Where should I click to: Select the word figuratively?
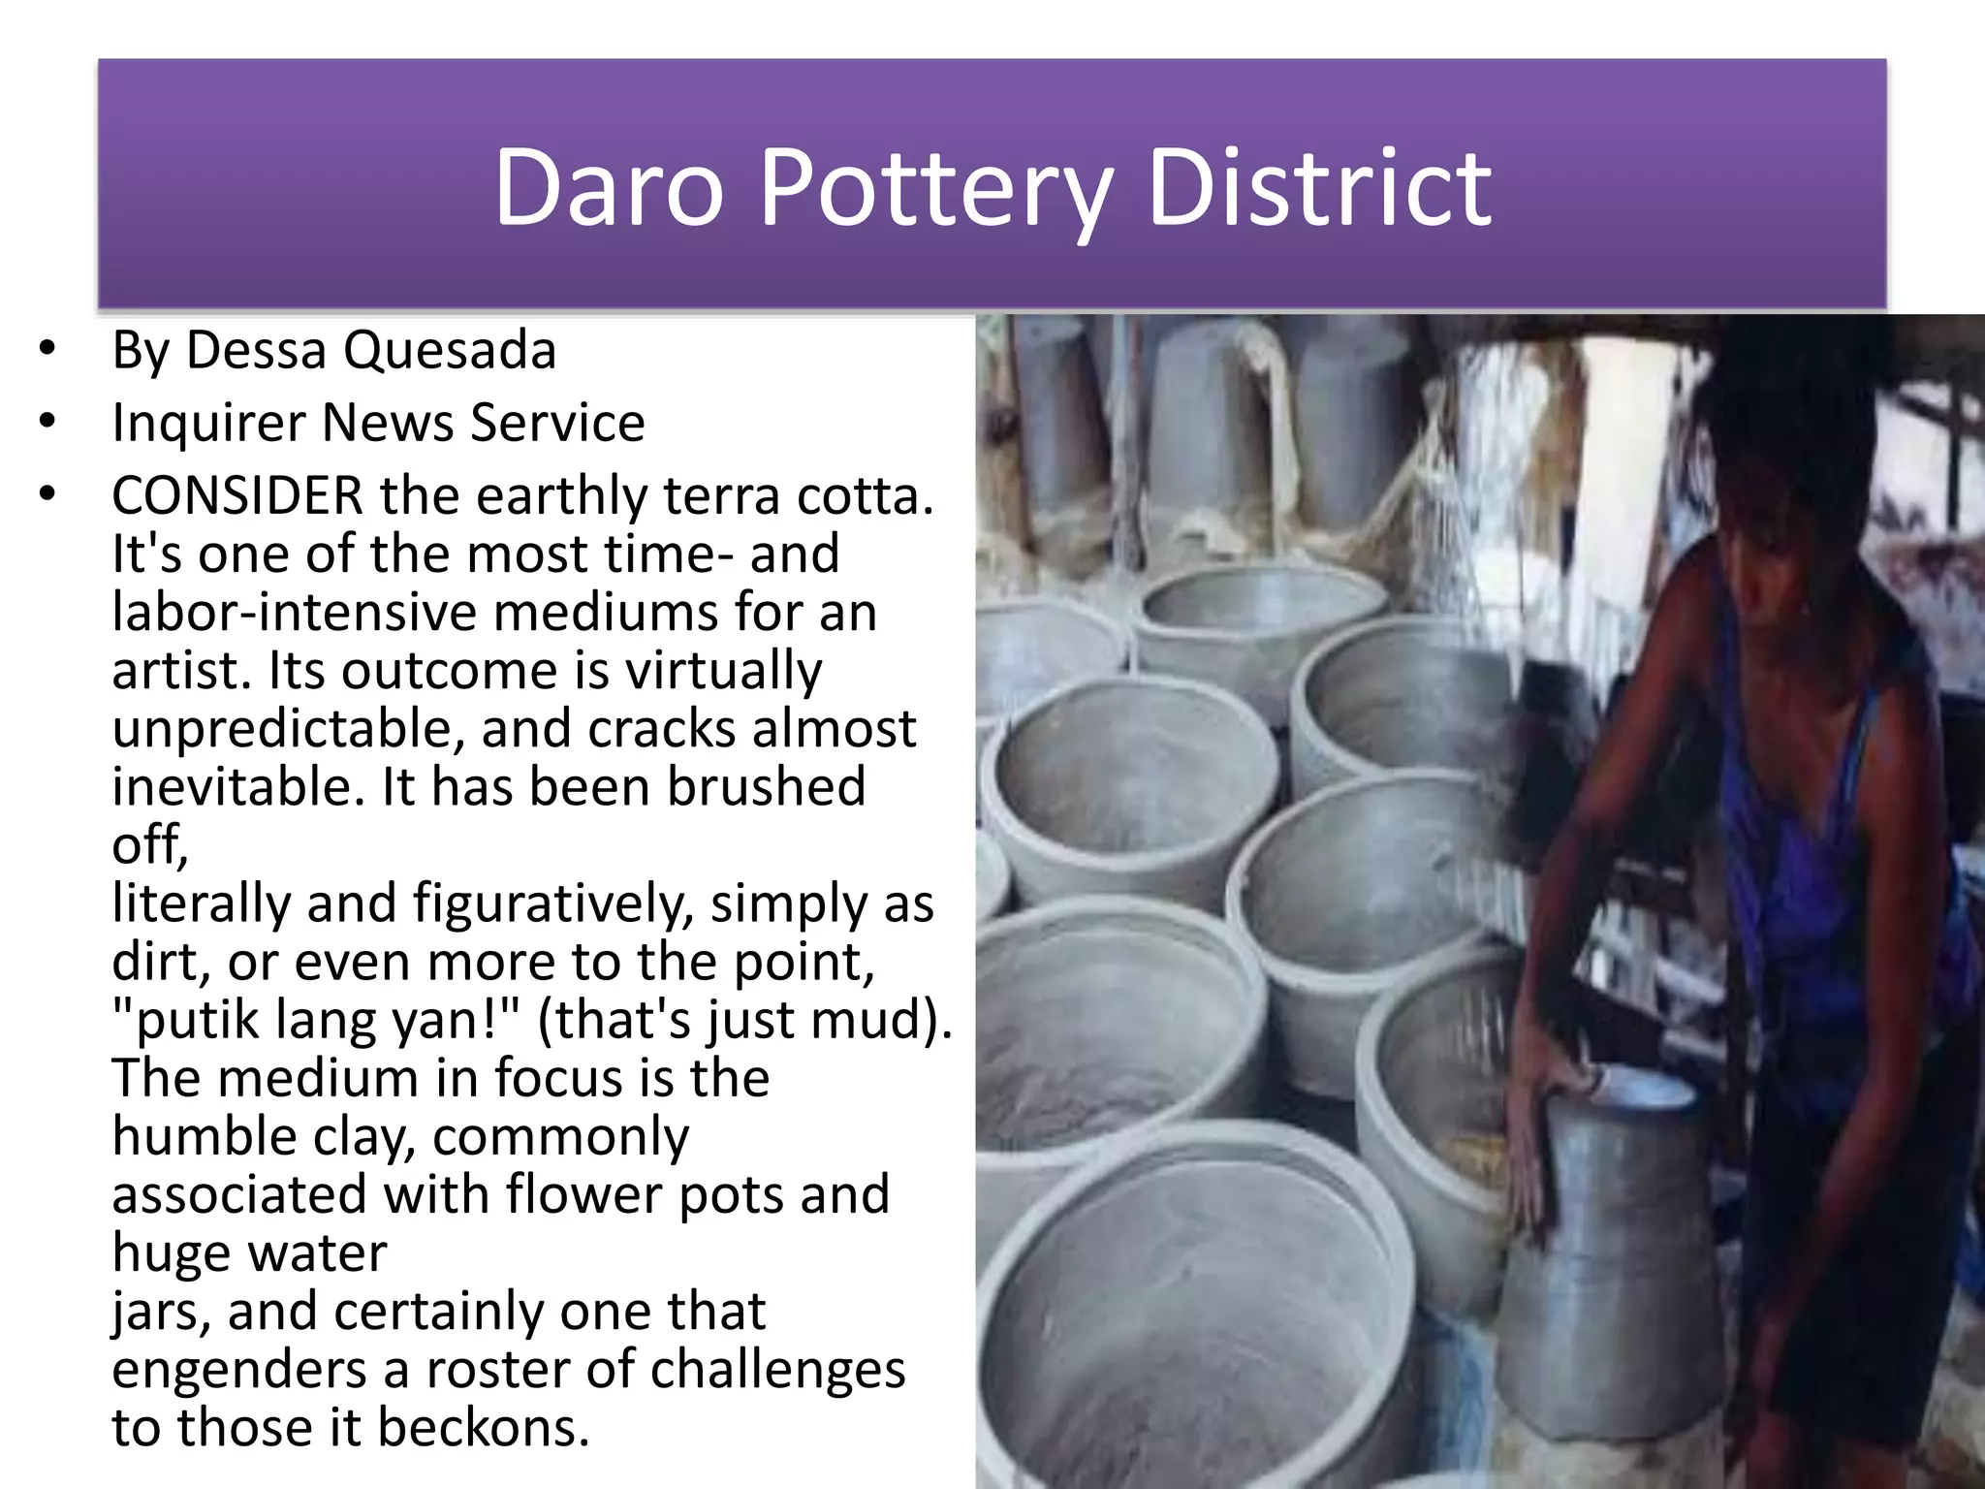click(552, 903)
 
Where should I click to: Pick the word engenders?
click(238, 1370)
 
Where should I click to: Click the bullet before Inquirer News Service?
click(47, 423)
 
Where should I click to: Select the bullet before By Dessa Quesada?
click(47, 349)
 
